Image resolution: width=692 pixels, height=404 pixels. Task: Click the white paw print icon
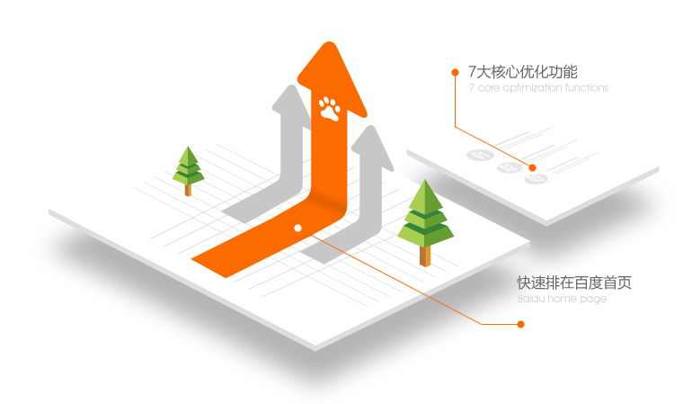(330, 108)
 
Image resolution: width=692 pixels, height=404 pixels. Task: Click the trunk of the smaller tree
(188, 189)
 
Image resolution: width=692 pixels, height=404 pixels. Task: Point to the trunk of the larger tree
(425, 255)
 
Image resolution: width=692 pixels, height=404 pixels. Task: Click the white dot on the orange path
(297, 228)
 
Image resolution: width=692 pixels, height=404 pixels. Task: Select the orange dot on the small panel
(532, 167)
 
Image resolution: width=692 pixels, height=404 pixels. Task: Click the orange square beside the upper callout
(455, 72)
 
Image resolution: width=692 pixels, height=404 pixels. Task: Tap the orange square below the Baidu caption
(520, 324)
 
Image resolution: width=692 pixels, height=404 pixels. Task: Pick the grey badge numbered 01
(480, 155)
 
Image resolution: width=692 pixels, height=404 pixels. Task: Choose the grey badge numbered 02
(508, 166)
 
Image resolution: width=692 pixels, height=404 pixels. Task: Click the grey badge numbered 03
(536, 179)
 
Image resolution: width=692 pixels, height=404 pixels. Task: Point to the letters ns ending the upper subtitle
(603, 88)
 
